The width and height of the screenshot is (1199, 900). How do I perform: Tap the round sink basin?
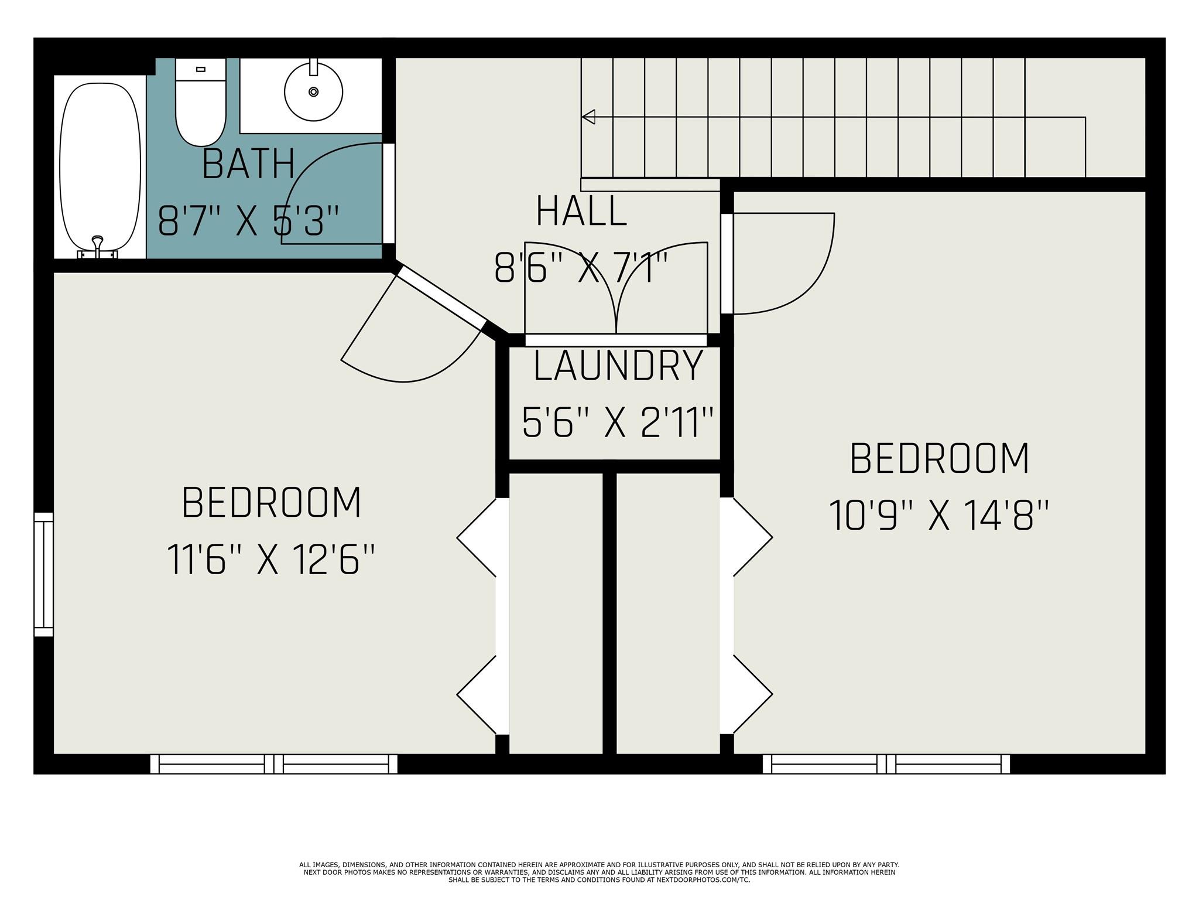pos(313,92)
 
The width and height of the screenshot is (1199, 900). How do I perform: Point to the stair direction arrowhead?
pos(588,117)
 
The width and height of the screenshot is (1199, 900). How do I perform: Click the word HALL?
pos(581,212)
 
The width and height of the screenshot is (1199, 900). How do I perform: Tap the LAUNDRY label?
pos(618,366)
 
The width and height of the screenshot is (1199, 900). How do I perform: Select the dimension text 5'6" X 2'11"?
pos(618,422)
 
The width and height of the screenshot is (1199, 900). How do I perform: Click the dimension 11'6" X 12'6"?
pos(270,560)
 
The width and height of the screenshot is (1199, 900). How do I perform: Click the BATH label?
pos(248,165)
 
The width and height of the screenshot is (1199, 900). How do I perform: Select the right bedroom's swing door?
pos(779,264)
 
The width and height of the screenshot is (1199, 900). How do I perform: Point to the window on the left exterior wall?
pos(43,574)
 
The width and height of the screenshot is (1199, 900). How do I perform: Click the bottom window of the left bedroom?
pos(273,764)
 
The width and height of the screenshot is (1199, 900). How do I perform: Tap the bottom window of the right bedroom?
pos(886,764)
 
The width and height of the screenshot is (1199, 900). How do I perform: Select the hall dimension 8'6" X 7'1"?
pos(581,268)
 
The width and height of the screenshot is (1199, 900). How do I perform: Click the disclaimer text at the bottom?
pos(599,872)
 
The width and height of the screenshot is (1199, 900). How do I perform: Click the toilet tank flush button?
pos(201,69)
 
